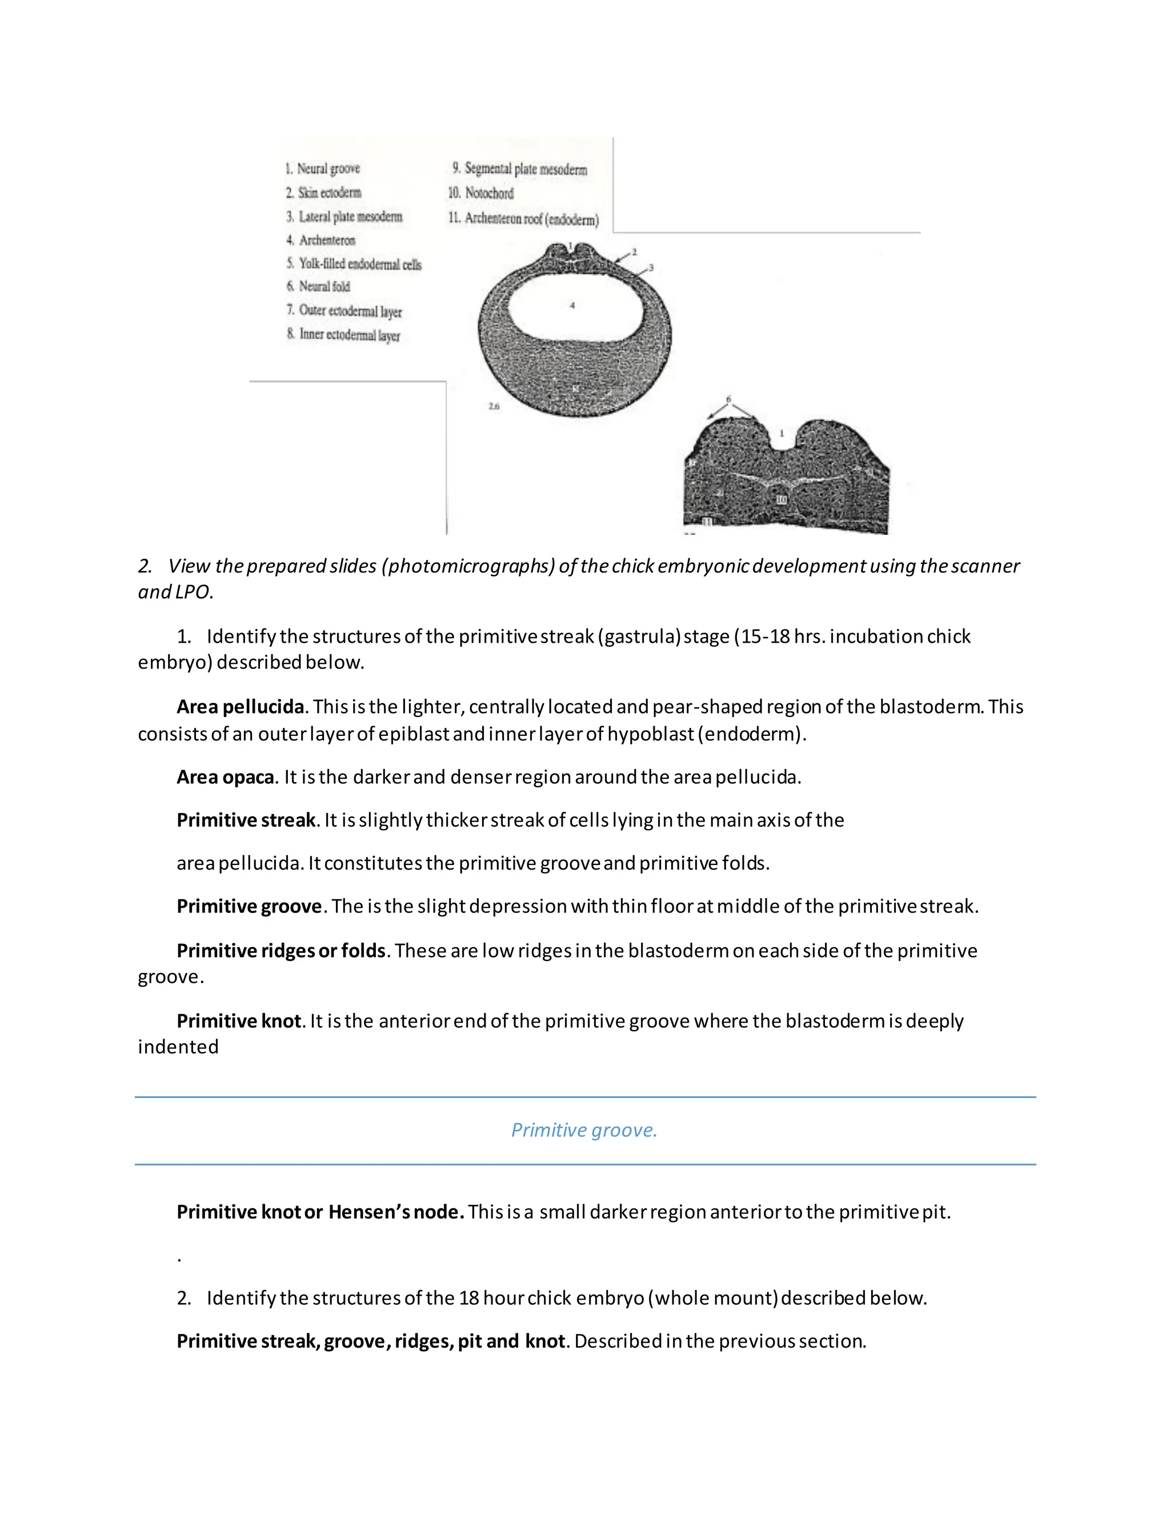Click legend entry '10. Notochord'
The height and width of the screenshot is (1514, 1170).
coord(481,194)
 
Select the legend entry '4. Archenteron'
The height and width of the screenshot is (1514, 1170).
coord(321,241)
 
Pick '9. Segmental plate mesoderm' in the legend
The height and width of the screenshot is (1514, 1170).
coord(519,169)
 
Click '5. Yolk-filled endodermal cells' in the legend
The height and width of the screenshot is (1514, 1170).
coord(354,264)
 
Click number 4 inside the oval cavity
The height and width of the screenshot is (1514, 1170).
coord(572,305)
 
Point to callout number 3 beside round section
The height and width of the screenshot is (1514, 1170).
coord(651,267)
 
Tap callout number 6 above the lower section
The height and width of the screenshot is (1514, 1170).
coord(728,399)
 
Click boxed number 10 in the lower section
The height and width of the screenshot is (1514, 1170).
coord(781,500)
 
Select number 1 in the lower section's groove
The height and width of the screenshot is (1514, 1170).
coord(782,433)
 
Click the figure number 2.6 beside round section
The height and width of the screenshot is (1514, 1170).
coord(494,407)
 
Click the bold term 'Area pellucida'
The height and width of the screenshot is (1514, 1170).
coord(240,707)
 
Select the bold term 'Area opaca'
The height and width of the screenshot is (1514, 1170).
coord(225,777)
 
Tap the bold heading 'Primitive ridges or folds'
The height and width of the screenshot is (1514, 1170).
coord(281,951)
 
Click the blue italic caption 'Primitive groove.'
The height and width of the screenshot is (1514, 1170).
coord(584,1131)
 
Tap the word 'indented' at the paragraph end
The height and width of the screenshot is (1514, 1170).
coord(178,1047)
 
